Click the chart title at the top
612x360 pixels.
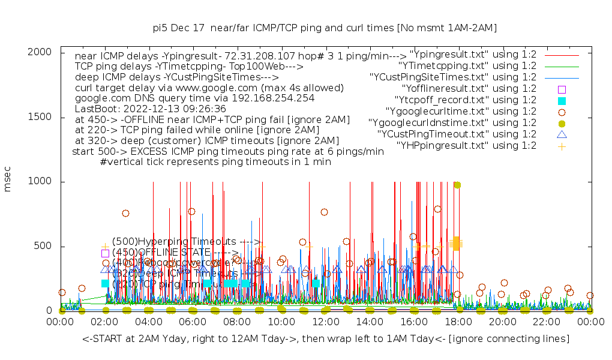pos(325,28)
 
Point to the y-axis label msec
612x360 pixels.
pos(8,181)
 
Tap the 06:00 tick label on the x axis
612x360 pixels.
pos(193,322)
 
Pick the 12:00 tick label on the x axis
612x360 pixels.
pos(325,322)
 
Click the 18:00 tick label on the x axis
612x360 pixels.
pos(458,322)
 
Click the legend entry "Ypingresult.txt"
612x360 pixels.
pos(472,55)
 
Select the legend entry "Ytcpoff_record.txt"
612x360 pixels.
pos(466,100)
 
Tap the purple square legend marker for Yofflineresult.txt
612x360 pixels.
pos(562,89)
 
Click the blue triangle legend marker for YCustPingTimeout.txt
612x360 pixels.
pos(562,134)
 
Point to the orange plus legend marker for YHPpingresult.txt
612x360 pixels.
pos(562,146)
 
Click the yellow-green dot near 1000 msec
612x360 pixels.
pos(457,185)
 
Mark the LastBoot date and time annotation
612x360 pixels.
pos(150,109)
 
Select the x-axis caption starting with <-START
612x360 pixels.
pos(326,339)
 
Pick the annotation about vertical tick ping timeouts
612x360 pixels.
pos(216,161)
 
